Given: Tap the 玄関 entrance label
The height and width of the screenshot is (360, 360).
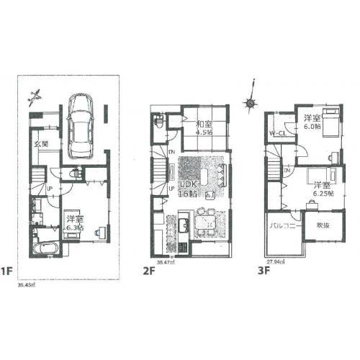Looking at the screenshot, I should tap(41, 144).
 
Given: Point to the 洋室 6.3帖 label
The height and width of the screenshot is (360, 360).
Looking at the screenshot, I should tap(74, 221).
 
